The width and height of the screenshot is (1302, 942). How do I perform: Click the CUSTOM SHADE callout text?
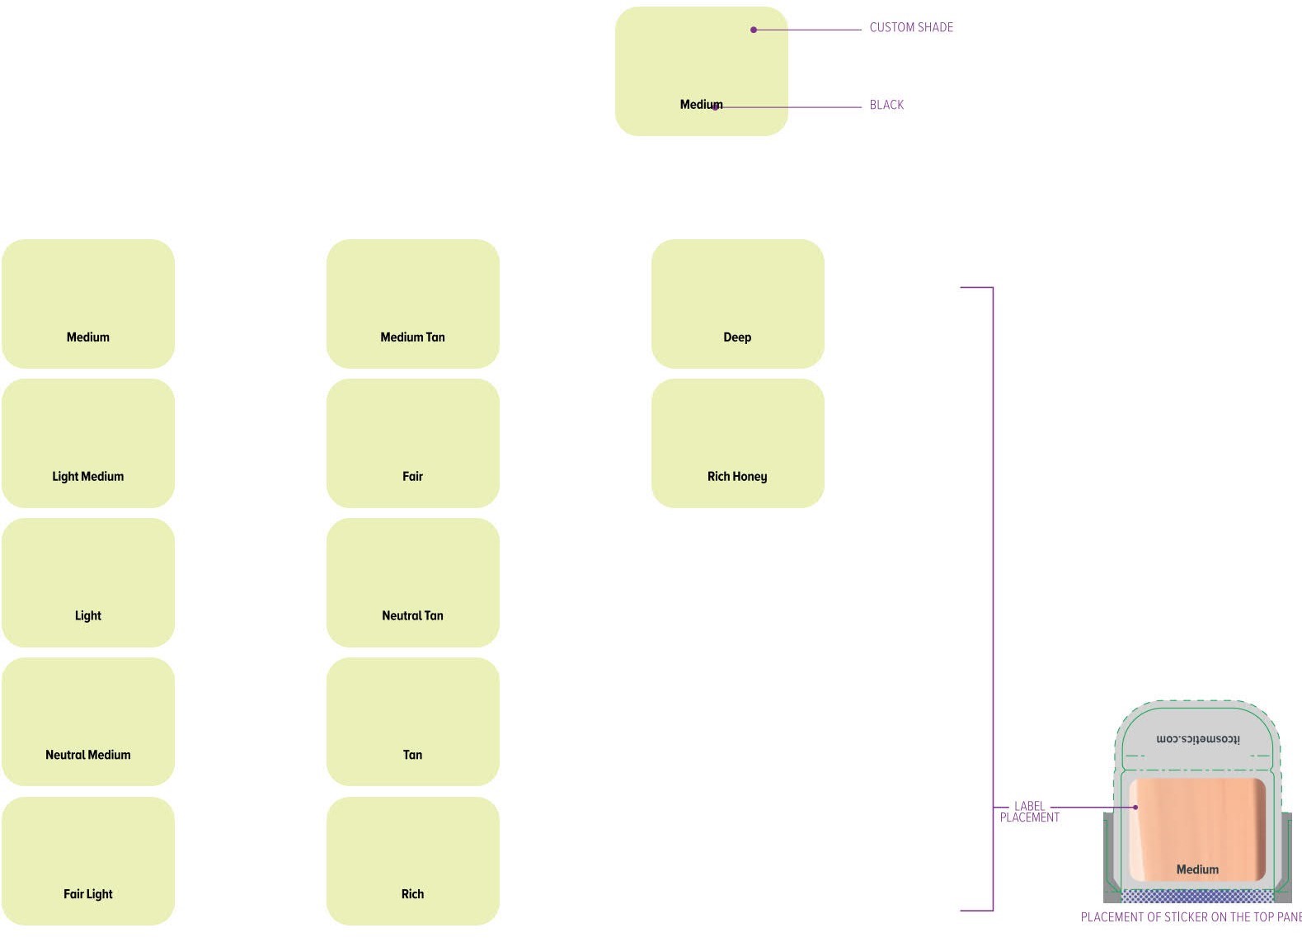(x=910, y=27)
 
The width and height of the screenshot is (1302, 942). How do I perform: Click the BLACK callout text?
(x=886, y=105)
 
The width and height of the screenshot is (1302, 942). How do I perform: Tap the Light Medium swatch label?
(x=87, y=476)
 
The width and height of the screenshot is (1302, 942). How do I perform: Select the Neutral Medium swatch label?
(x=87, y=755)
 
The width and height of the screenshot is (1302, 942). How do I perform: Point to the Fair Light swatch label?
(x=87, y=894)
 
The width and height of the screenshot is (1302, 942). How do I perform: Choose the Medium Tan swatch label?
(x=412, y=337)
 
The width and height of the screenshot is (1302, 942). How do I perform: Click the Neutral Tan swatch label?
(x=412, y=615)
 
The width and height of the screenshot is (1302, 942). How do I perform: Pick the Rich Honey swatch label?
(x=736, y=476)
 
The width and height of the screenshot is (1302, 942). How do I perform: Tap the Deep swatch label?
(x=736, y=337)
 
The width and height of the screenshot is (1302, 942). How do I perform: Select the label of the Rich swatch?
(x=412, y=894)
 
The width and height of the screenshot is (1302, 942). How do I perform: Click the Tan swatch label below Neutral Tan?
(x=412, y=755)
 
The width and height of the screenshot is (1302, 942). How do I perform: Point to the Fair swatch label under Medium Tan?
(x=412, y=476)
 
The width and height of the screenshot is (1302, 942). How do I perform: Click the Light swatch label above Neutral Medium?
(x=87, y=615)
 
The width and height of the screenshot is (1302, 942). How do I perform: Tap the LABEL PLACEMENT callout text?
(x=1029, y=812)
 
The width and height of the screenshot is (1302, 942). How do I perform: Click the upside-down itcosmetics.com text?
(x=1197, y=739)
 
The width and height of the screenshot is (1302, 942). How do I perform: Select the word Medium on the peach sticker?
(x=1197, y=869)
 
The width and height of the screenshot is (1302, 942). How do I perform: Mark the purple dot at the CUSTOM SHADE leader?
(x=754, y=30)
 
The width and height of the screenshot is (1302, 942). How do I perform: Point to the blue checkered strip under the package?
(x=1197, y=896)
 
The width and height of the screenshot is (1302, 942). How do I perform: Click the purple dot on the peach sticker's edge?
(x=1135, y=807)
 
